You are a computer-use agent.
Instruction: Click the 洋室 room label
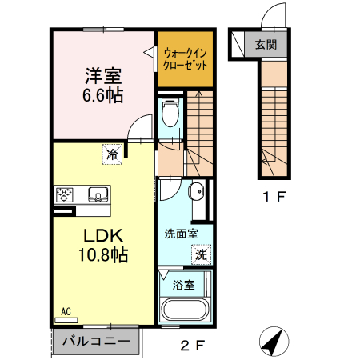pyautogui.click(x=103, y=78)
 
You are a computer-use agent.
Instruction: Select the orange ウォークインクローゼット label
pyautogui.click(x=185, y=59)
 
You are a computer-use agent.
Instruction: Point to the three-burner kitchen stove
pyautogui.click(x=65, y=194)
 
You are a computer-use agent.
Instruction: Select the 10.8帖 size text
pyautogui.click(x=102, y=256)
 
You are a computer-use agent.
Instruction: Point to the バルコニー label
pyautogui.click(x=96, y=342)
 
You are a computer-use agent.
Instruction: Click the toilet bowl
pyautogui.click(x=169, y=114)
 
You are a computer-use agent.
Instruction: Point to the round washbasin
pyautogui.click(x=196, y=192)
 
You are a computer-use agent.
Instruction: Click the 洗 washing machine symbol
pyautogui.click(x=202, y=254)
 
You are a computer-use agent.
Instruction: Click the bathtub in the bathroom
pyautogui.click(x=184, y=311)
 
